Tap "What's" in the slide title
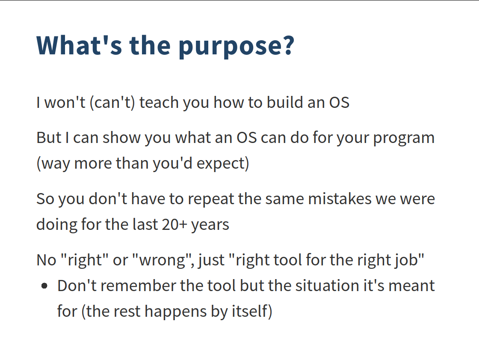click(x=79, y=45)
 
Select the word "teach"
click(x=159, y=102)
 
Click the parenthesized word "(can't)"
click(x=112, y=102)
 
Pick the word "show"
click(x=121, y=138)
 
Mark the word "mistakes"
click(x=339, y=199)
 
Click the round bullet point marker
click(x=44, y=286)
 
